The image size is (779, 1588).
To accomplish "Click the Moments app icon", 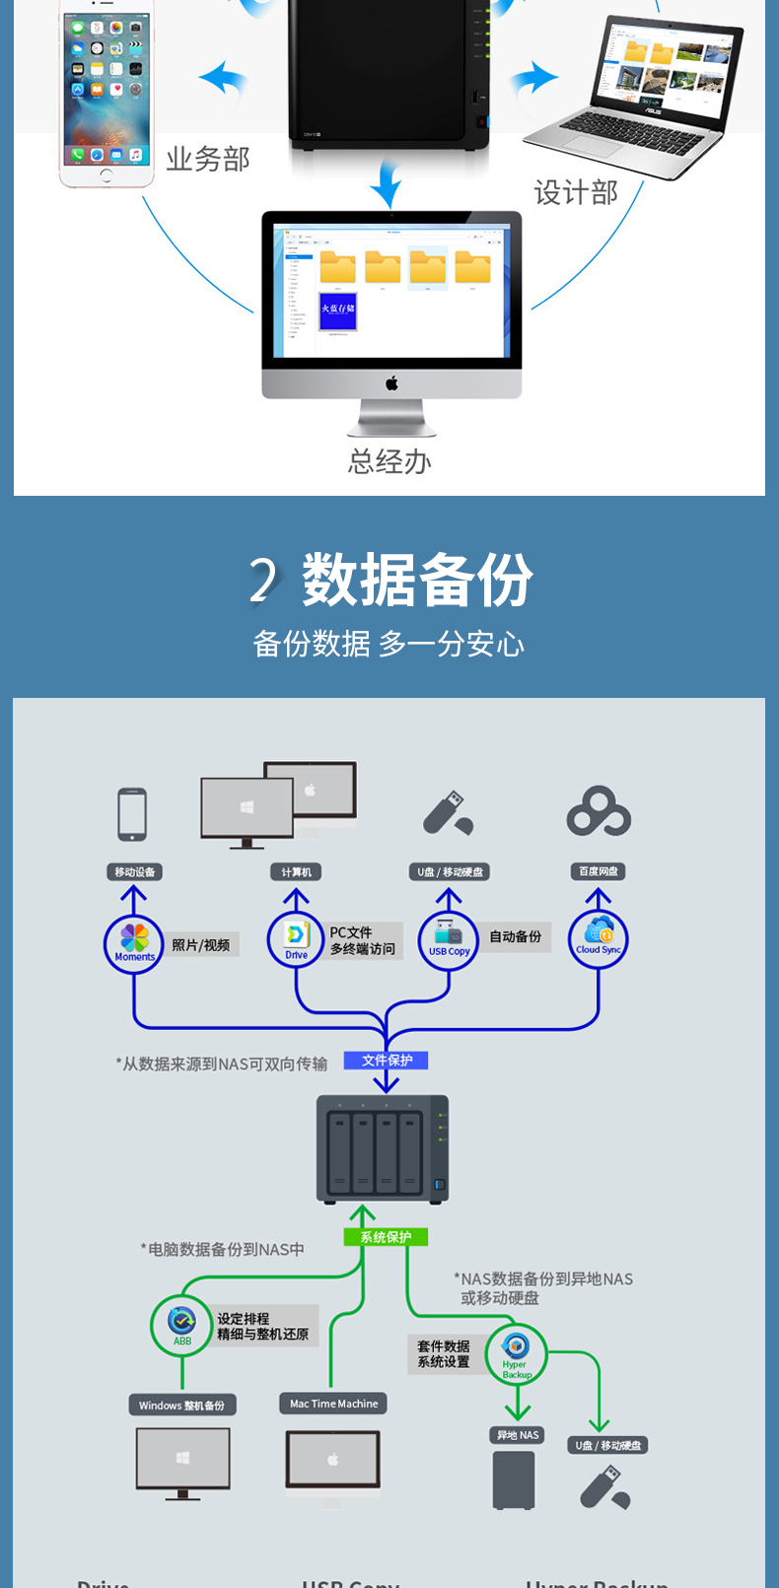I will (134, 942).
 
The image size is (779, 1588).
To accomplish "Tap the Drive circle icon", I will (297, 938).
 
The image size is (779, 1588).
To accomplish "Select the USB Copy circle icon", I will (449, 938).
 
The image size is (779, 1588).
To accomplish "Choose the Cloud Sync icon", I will (599, 938).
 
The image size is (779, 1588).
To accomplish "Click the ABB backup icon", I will (182, 1324).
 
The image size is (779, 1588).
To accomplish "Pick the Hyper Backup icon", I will (517, 1352).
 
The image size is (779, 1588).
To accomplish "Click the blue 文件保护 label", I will (387, 1061).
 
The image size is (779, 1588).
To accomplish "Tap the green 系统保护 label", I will (386, 1237).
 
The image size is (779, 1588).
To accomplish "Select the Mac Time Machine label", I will (333, 1404).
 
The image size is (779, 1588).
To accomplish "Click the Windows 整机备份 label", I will (181, 1405).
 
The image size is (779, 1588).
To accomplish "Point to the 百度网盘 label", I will (599, 871).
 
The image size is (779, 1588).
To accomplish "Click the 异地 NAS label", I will (518, 1435).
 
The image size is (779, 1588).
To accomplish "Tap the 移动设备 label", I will (134, 871).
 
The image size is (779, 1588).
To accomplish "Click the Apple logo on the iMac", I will (391, 383).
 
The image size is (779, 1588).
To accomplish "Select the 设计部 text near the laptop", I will (576, 192).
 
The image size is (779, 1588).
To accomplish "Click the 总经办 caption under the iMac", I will (389, 461).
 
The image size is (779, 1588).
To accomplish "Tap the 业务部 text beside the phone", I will (208, 159).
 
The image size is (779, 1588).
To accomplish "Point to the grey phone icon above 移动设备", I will (132, 814).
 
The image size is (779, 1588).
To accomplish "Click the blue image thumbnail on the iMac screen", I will (337, 311).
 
